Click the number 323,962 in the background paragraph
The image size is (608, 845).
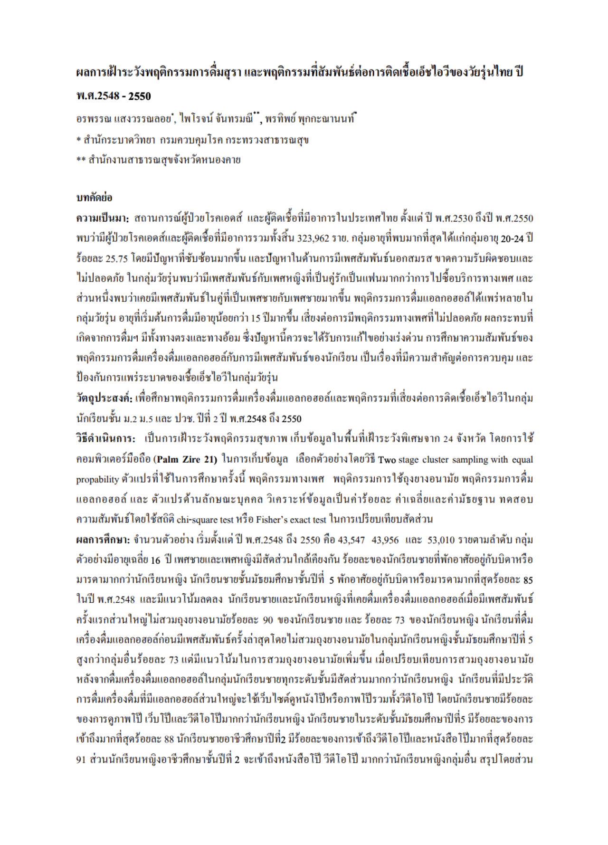313,238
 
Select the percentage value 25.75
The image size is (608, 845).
116,258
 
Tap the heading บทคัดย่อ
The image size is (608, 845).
94,198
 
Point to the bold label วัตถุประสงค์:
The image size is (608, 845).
104,398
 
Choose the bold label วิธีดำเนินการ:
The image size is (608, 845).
105,438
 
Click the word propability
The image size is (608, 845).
97,479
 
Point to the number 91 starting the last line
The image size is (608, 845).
81,760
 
